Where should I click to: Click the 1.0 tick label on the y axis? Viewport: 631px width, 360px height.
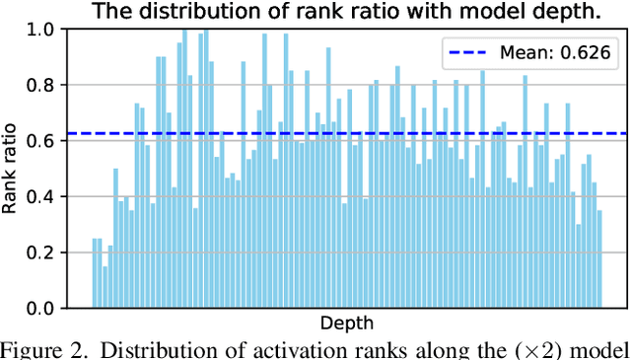click(49, 30)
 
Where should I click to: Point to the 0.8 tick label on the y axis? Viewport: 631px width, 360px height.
click(49, 86)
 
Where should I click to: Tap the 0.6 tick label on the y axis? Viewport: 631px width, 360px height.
click(49, 141)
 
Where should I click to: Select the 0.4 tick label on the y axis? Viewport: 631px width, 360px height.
click(49, 197)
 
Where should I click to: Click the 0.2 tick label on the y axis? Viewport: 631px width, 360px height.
click(49, 252)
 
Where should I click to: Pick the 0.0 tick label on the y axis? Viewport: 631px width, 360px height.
click(49, 309)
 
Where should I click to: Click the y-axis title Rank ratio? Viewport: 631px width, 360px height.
click(14, 169)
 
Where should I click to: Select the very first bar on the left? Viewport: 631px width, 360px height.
click(95, 273)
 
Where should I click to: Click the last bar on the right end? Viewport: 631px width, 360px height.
click(598, 259)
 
